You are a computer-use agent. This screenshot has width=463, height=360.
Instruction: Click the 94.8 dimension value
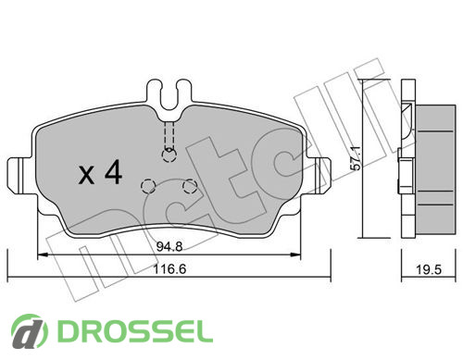[169, 246]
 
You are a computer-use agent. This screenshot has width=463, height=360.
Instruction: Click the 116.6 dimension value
[169, 269]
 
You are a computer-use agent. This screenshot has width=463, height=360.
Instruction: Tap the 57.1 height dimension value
[357, 158]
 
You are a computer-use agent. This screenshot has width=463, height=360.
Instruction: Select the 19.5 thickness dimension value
[429, 270]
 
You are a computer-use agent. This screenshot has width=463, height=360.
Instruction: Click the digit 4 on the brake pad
[114, 172]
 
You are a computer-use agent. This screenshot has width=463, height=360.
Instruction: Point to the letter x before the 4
[87, 175]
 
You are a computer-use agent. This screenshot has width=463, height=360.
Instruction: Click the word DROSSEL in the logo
[135, 331]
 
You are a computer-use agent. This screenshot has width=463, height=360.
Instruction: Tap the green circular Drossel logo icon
[30, 331]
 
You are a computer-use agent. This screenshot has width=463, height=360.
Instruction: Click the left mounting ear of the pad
[21, 176]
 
